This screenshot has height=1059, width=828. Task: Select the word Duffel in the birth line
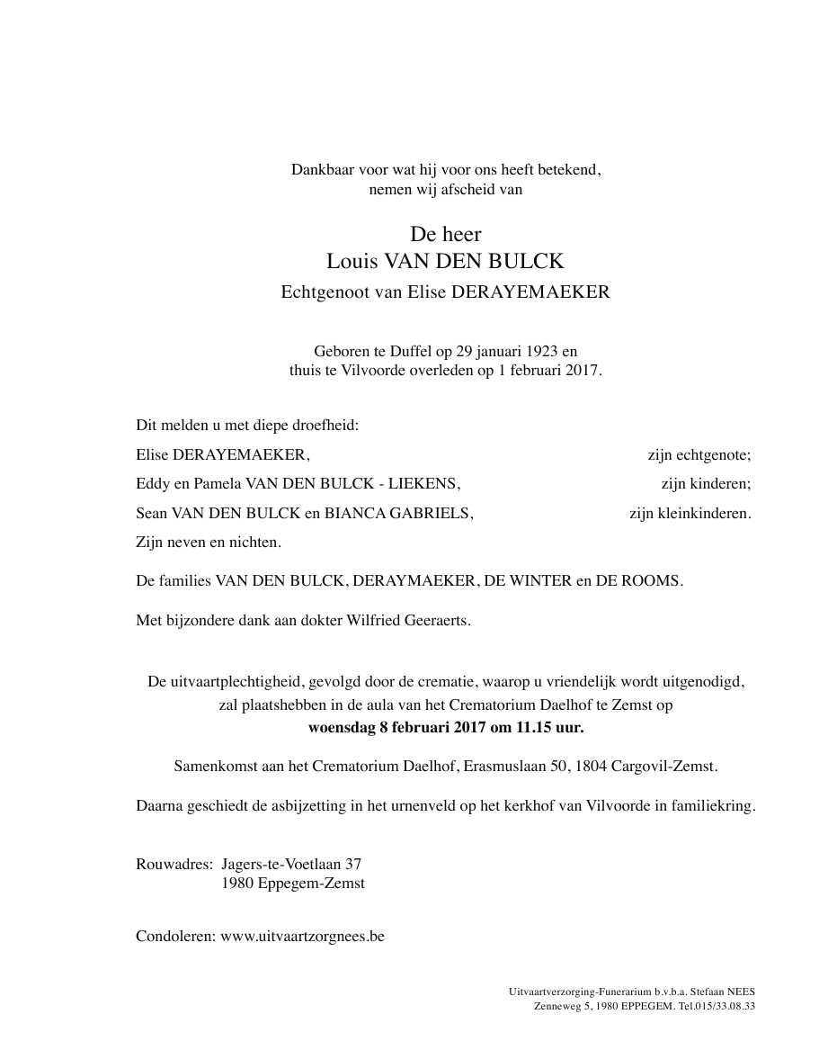tap(397, 351)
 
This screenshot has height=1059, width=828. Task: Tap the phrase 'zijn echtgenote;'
tap(699, 455)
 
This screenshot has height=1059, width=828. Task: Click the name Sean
tap(152, 513)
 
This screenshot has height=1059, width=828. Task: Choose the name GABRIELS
tap(440, 513)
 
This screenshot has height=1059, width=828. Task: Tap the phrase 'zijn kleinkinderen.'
tap(690, 513)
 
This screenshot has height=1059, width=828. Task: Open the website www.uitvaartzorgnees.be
tap(302, 936)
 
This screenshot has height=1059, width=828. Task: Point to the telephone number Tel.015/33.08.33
tap(717, 1006)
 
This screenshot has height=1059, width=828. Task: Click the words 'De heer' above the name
tap(446, 235)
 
